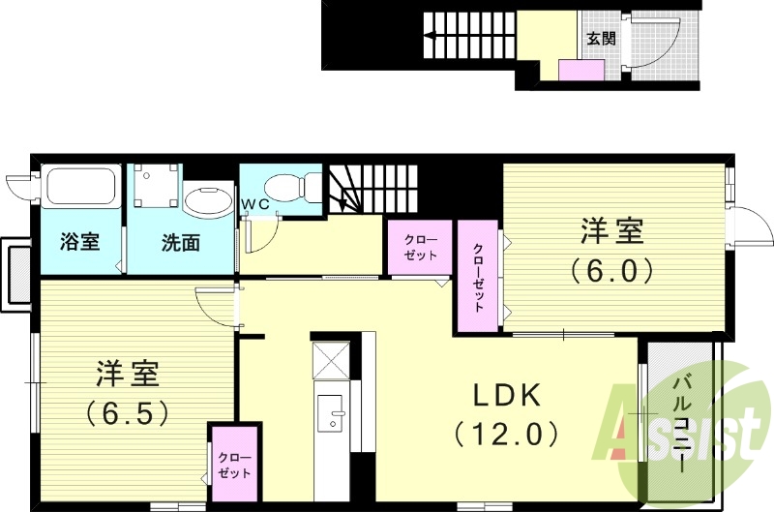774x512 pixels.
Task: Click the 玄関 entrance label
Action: [601, 40]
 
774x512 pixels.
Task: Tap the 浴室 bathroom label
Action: [79, 242]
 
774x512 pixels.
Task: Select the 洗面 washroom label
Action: [180, 242]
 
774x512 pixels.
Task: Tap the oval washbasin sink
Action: [206, 201]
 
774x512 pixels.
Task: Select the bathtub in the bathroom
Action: [81, 188]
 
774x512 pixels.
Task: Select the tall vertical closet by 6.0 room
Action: [479, 277]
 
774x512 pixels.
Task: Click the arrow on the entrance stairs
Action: [432, 40]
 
